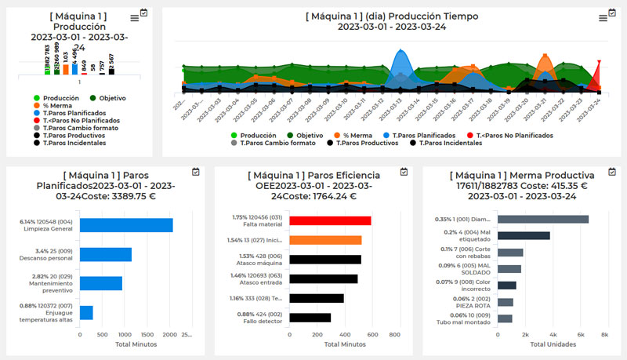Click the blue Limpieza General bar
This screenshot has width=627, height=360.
(126, 225)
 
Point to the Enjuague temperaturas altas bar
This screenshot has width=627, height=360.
(86, 312)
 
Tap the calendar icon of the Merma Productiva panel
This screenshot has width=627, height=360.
(611, 172)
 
